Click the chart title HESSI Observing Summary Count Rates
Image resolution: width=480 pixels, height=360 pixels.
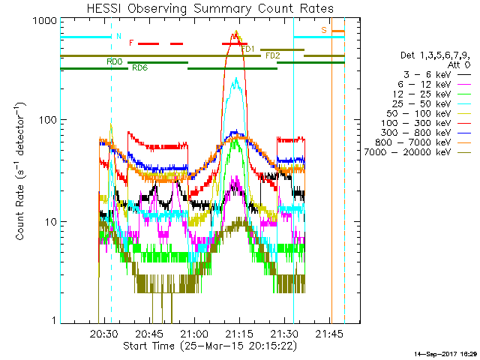pos(202,9)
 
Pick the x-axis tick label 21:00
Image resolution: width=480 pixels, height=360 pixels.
pos(194,332)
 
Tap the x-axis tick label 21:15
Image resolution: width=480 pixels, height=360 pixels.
pos(239,332)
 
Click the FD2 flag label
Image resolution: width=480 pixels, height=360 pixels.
pos(272,55)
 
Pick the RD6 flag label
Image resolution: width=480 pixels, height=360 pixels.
pos(139,68)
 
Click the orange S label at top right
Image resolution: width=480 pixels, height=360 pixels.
pos(324,30)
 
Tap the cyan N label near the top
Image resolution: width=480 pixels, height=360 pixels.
pos(117,36)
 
